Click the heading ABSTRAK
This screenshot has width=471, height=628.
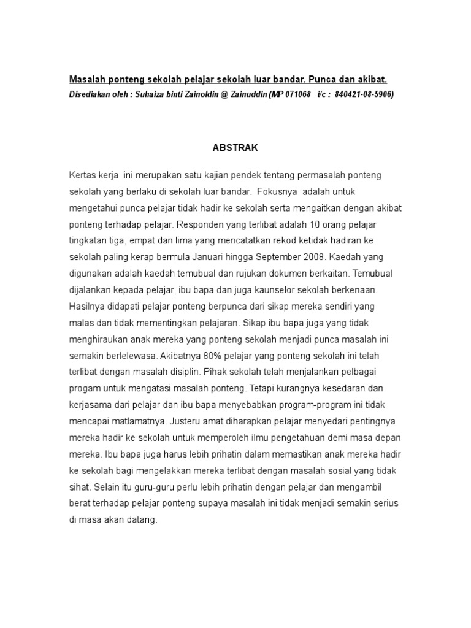click(235, 148)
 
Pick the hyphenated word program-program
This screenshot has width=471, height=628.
click(306, 405)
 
